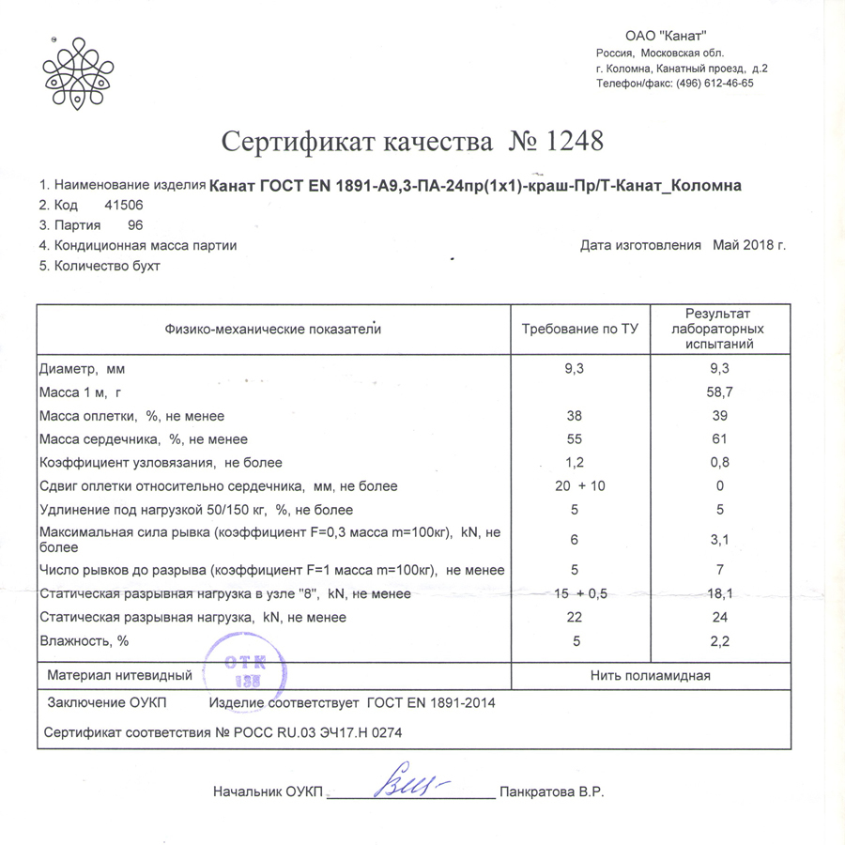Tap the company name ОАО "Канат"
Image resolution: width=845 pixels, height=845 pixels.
(x=666, y=35)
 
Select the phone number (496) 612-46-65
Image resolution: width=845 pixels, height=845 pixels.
(x=708, y=83)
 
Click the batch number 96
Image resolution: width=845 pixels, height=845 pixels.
(x=135, y=225)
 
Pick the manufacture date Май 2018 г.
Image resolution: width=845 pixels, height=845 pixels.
(x=748, y=246)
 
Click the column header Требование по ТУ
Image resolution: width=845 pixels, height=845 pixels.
(x=579, y=330)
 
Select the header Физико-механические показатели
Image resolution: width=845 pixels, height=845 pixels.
(x=273, y=330)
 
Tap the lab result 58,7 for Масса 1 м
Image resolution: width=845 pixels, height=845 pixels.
(x=720, y=392)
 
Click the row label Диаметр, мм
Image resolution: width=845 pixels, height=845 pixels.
(x=83, y=369)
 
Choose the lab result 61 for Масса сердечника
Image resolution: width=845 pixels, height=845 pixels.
(x=720, y=438)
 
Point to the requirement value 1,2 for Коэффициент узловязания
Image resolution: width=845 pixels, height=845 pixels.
(x=575, y=462)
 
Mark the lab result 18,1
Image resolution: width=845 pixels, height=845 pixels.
(x=720, y=593)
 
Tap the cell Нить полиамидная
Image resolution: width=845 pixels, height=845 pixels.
(x=650, y=675)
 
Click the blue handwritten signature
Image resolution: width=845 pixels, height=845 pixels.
(x=409, y=783)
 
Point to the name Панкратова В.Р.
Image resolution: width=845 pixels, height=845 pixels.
(x=552, y=791)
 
